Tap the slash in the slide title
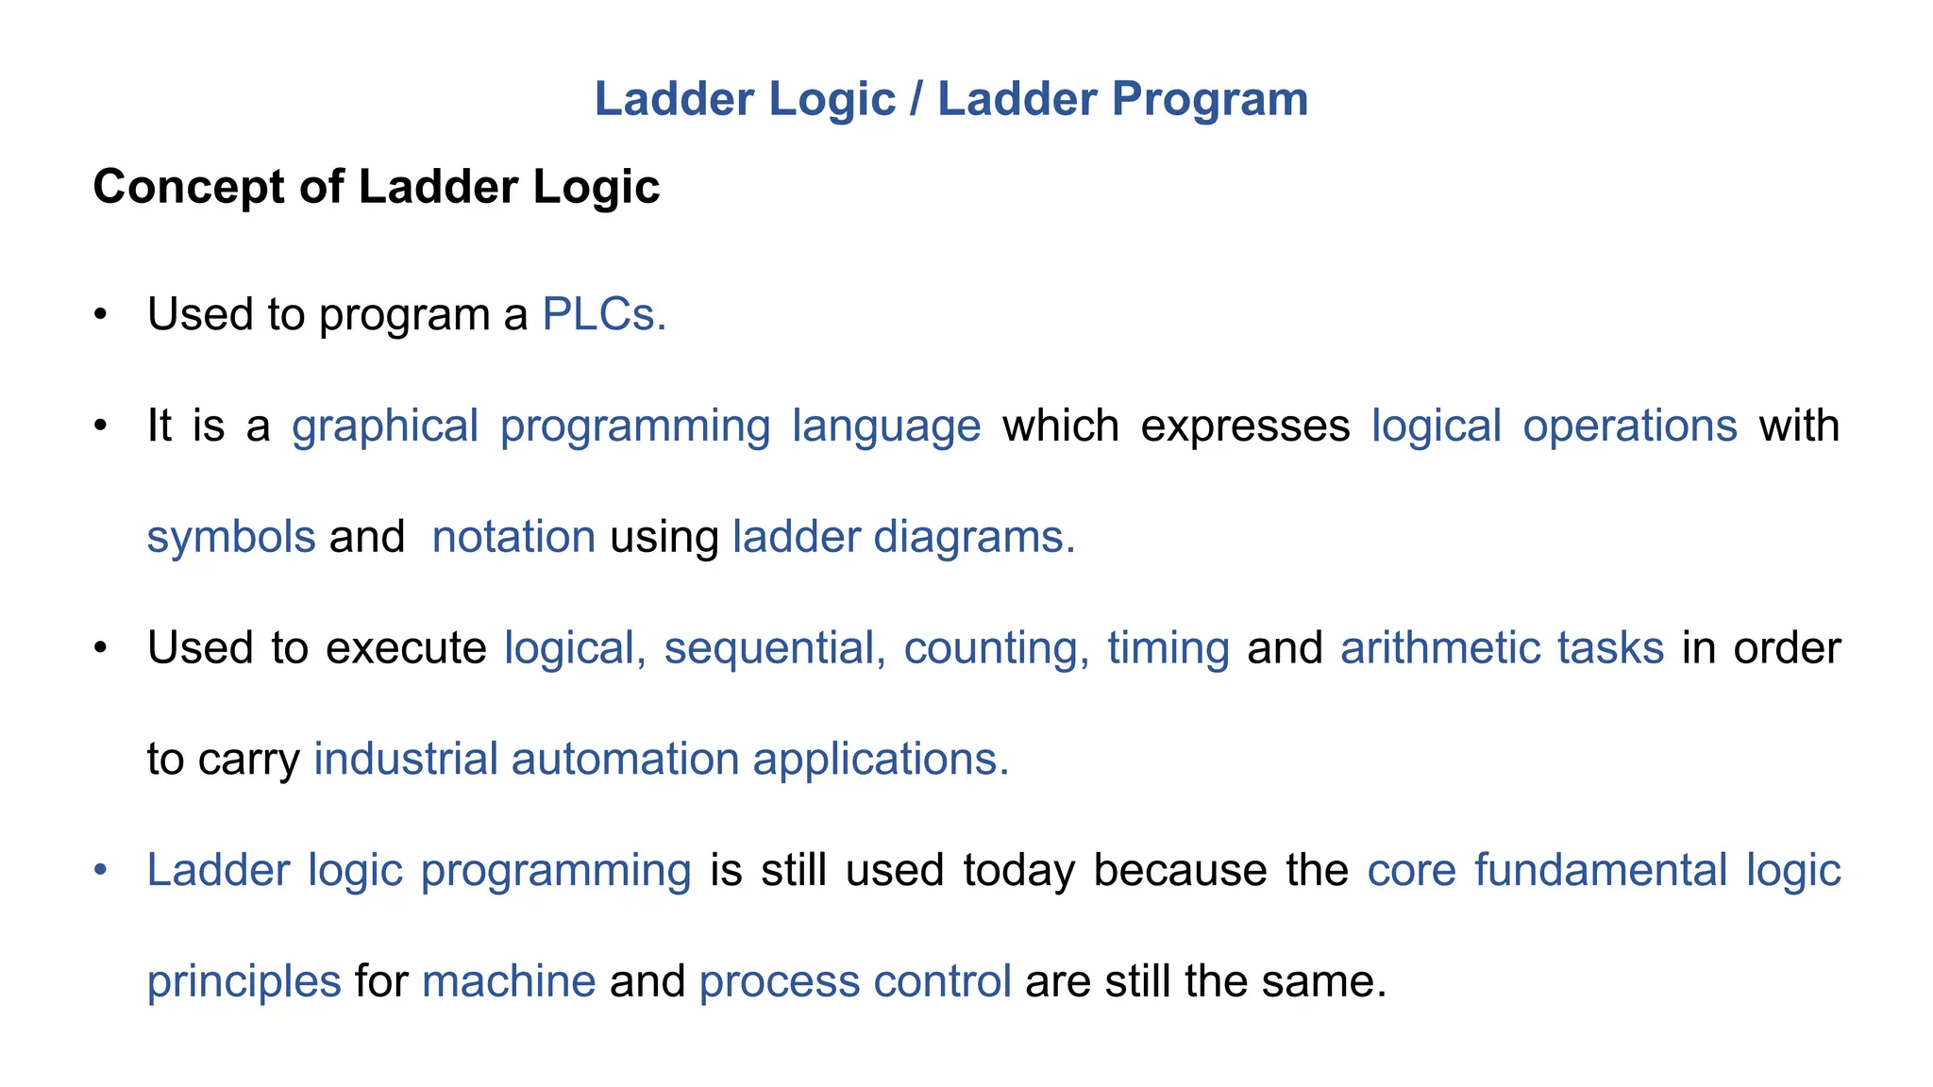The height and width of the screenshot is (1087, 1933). pos(916,100)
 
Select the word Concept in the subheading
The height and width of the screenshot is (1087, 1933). pos(188,187)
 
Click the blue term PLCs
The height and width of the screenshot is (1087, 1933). pos(604,314)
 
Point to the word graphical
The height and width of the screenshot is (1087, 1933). pos(385,426)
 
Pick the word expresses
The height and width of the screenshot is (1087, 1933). pos(1245,426)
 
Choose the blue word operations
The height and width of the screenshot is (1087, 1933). pos(1630,426)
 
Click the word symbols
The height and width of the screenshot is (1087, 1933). pos(231,537)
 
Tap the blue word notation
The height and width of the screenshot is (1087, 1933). pos(513,537)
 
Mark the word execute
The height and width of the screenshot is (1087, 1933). pos(406,648)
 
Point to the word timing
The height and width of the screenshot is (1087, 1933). pos(1168,648)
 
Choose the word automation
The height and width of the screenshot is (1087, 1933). pos(625,760)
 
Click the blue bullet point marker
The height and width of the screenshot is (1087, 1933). pos(101,870)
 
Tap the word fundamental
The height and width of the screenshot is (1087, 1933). pos(1601,870)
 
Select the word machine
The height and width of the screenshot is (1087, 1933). pos(509,981)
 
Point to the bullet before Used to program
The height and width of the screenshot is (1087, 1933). pos(101,315)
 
